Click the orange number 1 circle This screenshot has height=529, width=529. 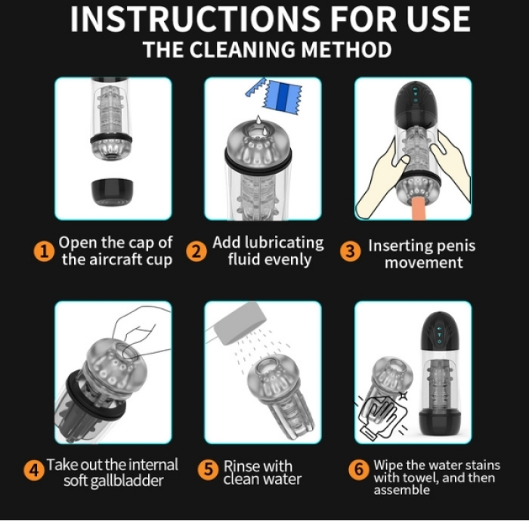pyautogui.click(x=44, y=252)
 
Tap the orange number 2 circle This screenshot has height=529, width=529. pyautogui.click(x=196, y=252)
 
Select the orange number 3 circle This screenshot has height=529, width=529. pyautogui.click(x=350, y=252)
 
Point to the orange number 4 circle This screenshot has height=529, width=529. pyautogui.click(x=34, y=470)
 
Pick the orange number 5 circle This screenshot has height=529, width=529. pyautogui.click(x=208, y=469)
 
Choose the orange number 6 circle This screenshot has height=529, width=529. pyautogui.click(x=359, y=469)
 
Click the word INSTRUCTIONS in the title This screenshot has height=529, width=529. pyautogui.click(x=195, y=19)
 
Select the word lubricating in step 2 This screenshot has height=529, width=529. pyautogui.click(x=284, y=243)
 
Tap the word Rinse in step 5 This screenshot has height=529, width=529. pyautogui.click(x=240, y=466)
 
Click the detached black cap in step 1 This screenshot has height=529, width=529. pyautogui.click(x=113, y=192)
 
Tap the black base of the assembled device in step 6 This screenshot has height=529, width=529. pyautogui.click(x=439, y=424)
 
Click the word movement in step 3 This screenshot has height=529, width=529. pyautogui.click(x=423, y=262)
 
